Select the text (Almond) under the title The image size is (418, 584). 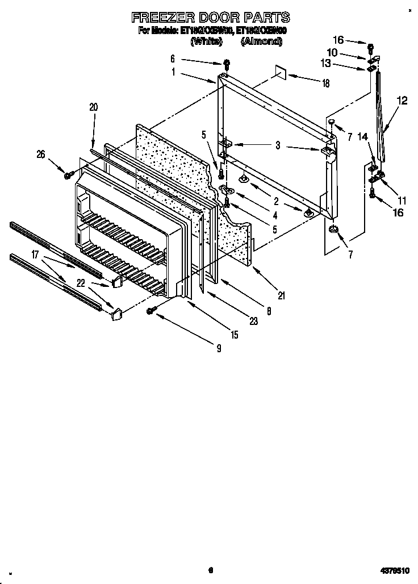pos(261,41)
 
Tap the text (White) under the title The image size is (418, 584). pos(203,41)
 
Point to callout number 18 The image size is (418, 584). pos(325,83)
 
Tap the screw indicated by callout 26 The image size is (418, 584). pos(68,176)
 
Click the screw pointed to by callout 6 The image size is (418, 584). pos(227,63)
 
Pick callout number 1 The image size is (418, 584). pos(173,72)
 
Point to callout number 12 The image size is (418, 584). pos(402,101)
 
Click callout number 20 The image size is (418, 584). pos(94,106)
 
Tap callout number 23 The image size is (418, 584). pos(253,321)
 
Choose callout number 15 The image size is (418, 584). pos(234,335)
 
